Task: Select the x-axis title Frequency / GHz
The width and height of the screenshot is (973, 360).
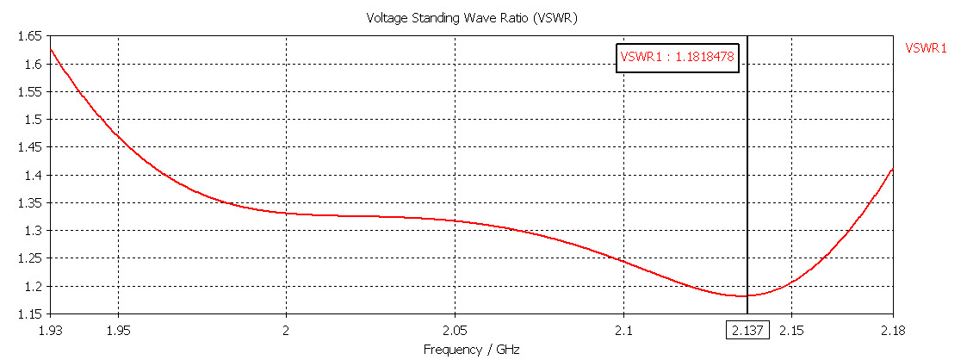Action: point(472,349)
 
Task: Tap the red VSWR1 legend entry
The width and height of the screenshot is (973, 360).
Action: point(926,48)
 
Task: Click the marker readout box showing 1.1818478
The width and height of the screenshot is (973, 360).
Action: point(678,57)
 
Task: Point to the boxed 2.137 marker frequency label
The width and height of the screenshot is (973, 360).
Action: point(747,332)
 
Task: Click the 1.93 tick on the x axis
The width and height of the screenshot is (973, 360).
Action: point(52,331)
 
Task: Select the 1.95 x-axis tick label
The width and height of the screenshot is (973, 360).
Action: point(118,331)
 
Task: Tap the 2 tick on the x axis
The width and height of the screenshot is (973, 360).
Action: point(286,331)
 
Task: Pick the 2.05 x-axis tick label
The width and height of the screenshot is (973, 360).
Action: point(455,331)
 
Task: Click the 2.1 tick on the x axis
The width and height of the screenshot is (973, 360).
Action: point(623,331)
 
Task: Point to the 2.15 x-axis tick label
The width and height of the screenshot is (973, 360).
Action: point(792,331)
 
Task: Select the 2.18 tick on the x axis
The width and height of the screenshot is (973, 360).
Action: point(892,331)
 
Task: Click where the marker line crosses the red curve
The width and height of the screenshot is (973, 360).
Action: point(747,295)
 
